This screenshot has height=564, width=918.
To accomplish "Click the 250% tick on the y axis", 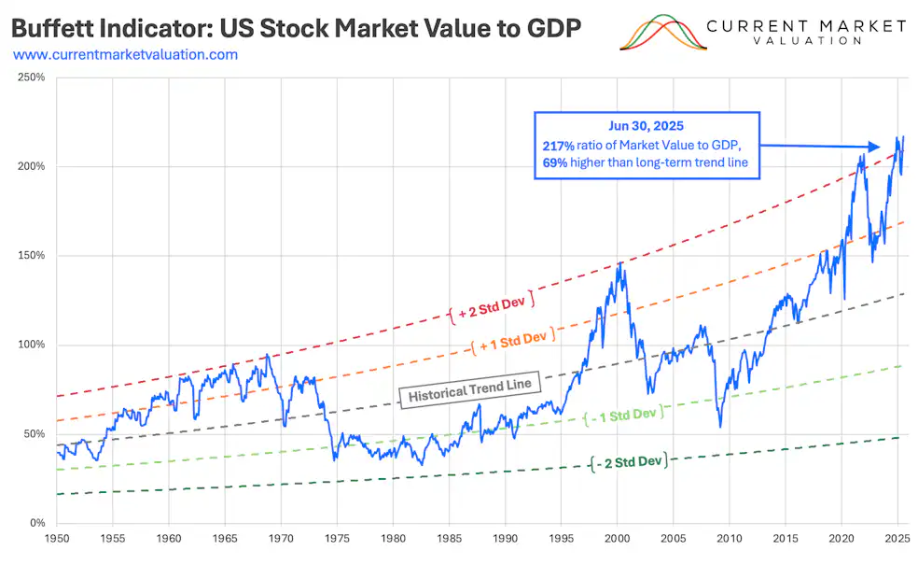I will pos(31,77).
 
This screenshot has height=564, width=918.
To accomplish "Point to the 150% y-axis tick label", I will pos(31,255).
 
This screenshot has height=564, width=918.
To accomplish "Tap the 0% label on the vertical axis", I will pos(36,523).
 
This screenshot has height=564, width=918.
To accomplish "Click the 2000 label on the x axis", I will pos(617,539).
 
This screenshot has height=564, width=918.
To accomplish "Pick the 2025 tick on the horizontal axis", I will pos(897,539).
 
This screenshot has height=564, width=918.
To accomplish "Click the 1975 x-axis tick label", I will pos(337,539).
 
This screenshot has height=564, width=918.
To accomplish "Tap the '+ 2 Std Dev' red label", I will pos(492,301).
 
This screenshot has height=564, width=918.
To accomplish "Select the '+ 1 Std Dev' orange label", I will pos(513,341).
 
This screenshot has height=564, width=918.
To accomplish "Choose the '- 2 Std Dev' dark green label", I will pos(629,460).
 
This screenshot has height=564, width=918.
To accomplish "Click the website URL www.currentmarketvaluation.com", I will pos(125,55).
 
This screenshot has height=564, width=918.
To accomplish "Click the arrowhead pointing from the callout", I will pos(873,147).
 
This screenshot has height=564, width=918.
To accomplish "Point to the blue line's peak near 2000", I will pos(619,263).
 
